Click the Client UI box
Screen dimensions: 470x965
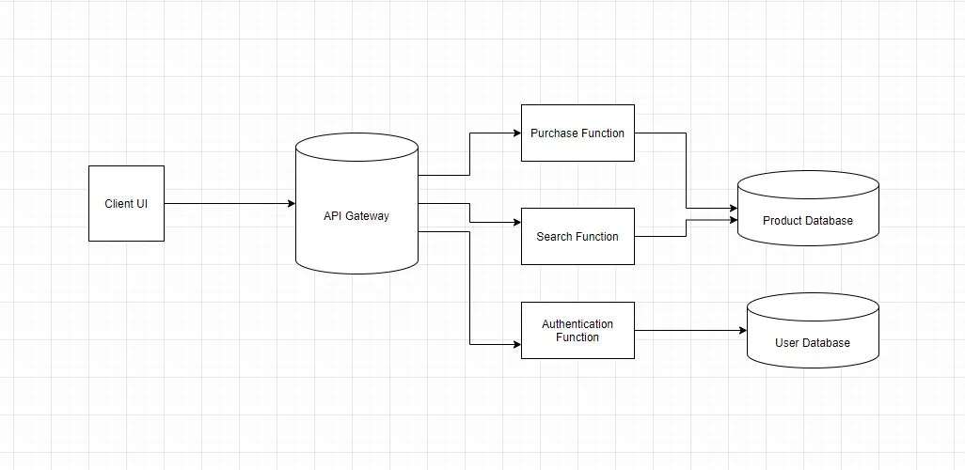pyautogui.click(x=126, y=203)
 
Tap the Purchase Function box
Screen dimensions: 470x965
pyautogui.click(x=577, y=133)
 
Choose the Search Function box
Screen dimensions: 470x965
pyautogui.click(x=577, y=236)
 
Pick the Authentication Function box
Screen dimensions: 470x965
pyautogui.click(x=577, y=330)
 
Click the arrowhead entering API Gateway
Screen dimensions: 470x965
pyautogui.click(x=291, y=203)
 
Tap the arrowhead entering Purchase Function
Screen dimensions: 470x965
pyautogui.click(x=516, y=133)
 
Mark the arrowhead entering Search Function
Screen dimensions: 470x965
pyautogui.click(x=516, y=223)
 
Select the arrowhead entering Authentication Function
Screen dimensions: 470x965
pyautogui.click(x=516, y=344)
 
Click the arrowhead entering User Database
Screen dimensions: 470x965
pyautogui.click(x=742, y=330)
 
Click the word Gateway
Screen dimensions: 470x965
pyautogui.click(x=368, y=216)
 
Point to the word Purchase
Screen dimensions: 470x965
pyautogui.click(x=553, y=133)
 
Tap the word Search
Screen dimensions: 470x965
pyautogui.click(x=554, y=237)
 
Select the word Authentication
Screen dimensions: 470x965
pyautogui.click(x=577, y=324)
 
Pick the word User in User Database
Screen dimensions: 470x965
pyautogui.click(x=787, y=343)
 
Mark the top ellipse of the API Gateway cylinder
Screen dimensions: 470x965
pyautogui.click(x=356, y=147)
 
